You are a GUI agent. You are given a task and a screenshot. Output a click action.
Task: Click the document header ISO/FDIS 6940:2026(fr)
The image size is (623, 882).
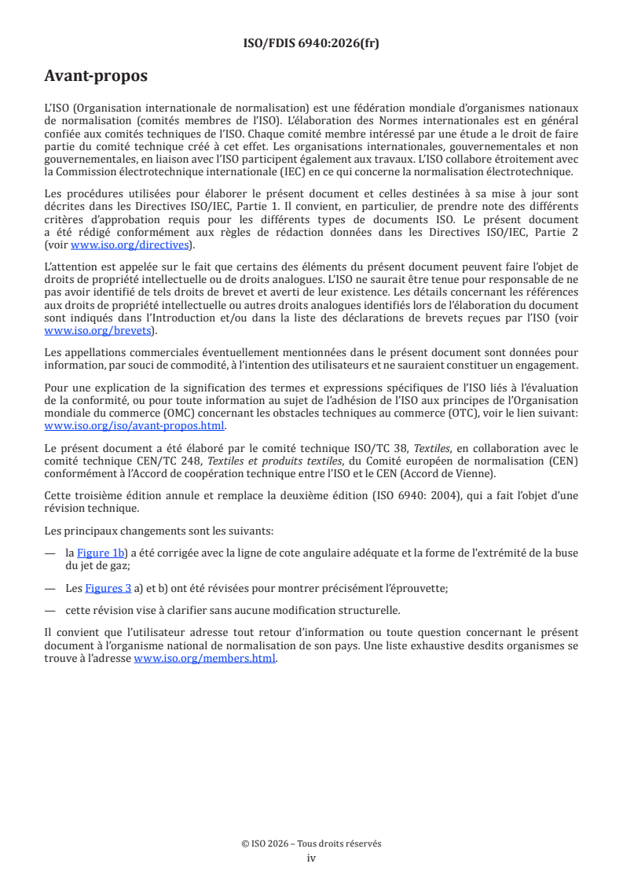click(x=311, y=44)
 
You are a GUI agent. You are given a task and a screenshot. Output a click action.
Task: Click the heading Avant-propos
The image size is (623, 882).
click(x=96, y=76)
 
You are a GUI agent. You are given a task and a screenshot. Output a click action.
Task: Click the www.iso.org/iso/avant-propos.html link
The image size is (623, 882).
click(x=134, y=426)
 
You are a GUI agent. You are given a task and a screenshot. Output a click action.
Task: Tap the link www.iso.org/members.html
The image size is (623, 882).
click(x=205, y=659)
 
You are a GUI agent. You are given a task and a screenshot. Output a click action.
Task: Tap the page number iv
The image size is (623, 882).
click(x=311, y=858)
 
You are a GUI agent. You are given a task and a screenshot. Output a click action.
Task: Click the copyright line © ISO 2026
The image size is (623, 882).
click(x=311, y=843)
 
